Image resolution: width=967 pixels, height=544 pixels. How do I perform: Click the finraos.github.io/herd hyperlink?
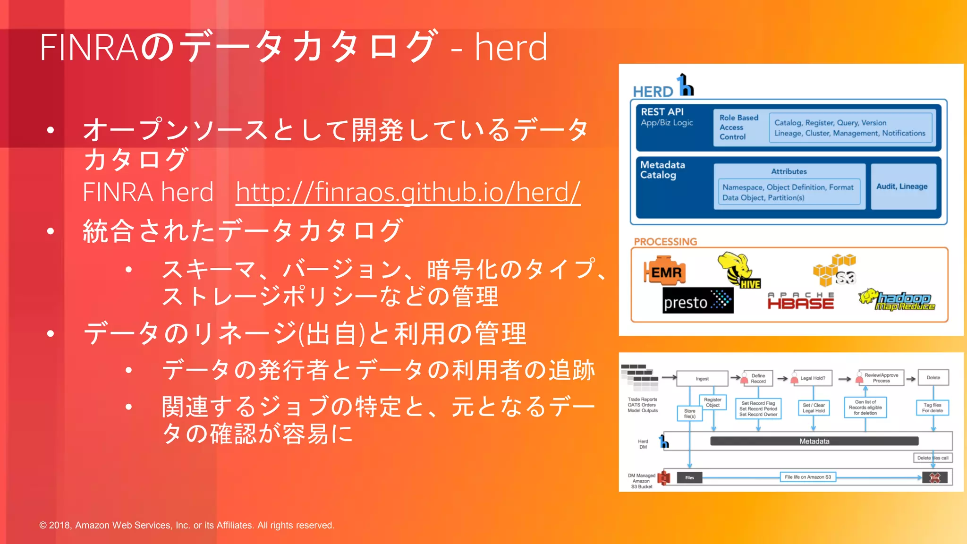(408, 192)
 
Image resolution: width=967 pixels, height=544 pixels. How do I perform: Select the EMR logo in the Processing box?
(665, 272)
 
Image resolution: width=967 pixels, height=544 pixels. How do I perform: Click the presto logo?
(698, 301)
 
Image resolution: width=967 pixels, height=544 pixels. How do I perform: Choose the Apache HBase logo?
(801, 301)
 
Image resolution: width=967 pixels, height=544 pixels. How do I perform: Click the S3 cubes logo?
(834, 270)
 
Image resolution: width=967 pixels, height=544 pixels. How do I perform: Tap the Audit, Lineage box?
(902, 187)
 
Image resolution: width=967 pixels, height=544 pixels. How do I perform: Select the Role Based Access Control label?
(738, 127)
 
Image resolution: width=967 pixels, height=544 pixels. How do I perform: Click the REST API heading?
(662, 112)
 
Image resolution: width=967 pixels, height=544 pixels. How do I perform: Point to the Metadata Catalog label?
(662, 170)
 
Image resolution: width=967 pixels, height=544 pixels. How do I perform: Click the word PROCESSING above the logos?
(665, 242)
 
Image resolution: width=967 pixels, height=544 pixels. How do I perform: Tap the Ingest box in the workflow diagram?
(702, 379)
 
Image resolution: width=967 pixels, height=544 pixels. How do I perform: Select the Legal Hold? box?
(813, 378)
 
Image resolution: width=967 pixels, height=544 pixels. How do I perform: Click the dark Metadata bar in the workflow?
(814, 441)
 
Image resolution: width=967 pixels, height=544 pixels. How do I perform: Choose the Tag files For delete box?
(933, 408)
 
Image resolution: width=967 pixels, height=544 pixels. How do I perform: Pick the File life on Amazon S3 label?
(808, 477)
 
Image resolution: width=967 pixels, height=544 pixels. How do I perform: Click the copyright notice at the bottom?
(187, 525)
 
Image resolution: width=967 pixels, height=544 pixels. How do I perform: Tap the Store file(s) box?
(689, 414)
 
